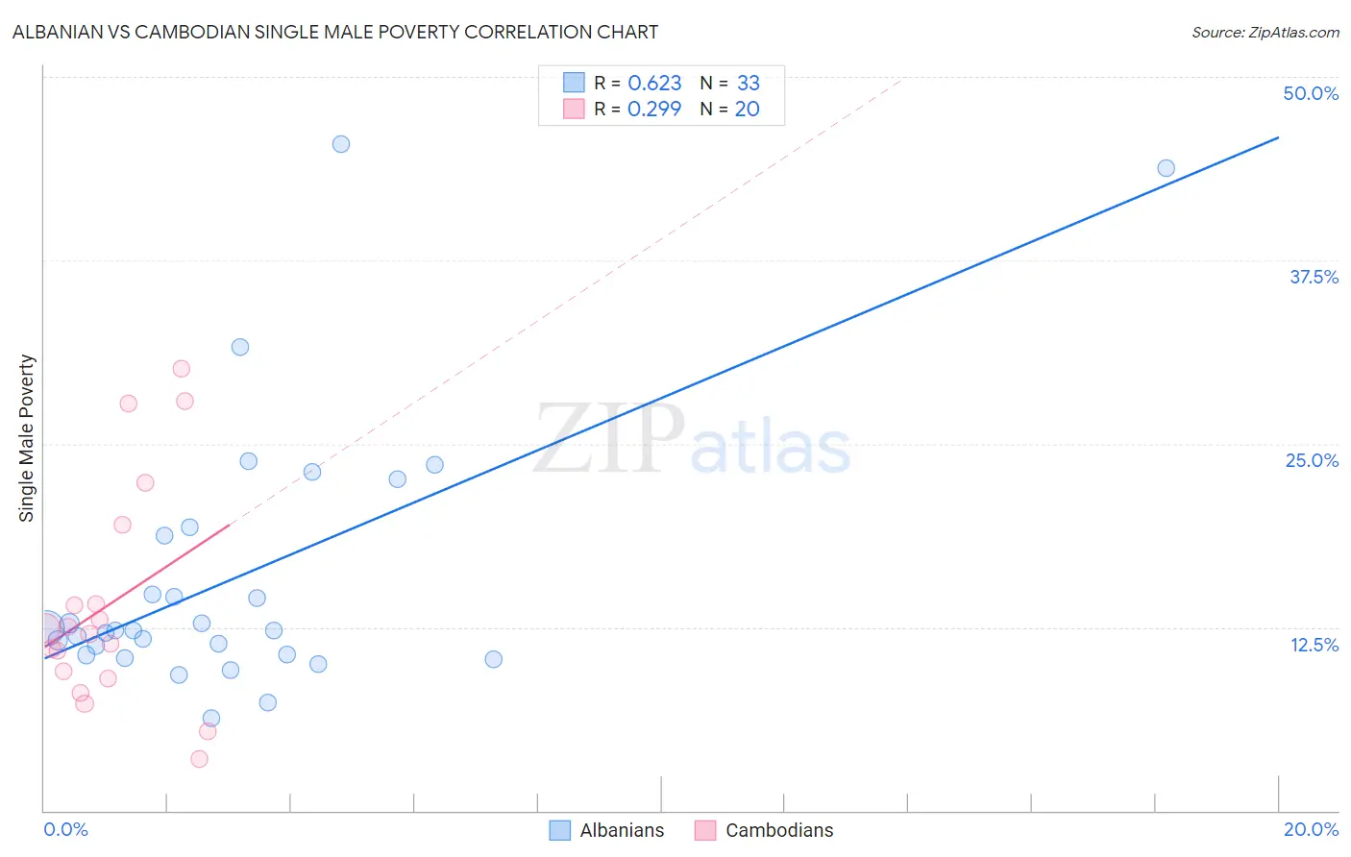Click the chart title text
pyautogui.click(x=335, y=32)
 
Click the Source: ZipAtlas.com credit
pyautogui.click(x=1265, y=33)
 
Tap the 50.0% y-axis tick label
pyautogui.click(x=1310, y=93)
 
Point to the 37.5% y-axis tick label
pyautogui.click(x=1313, y=277)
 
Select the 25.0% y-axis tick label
pyautogui.click(x=1311, y=460)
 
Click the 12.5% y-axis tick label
pyautogui.click(x=1313, y=645)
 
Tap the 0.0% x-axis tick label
pyautogui.click(x=65, y=829)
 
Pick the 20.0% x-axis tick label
pyautogui.click(x=1310, y=829)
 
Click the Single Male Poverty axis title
pyautogui.click(x=27, y=438)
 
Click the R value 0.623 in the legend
pyautogui.click(x=654, y=84)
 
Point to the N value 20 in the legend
pyautogui.click(x=747, y=110)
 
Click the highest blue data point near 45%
pyautogui.click(x=341, y=144)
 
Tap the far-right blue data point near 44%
pyautogui.click(x=1166, y=168)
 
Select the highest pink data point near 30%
pyautogui.click(x=181, y=369)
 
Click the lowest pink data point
pyautogui.click(x=199, y=759)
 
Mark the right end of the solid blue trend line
pyautogui.click(x=1278, y=137)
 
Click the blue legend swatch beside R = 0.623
pyautogui.click(x=574, y=83)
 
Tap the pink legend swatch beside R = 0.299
pyautogui.click(x=574, y=109)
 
